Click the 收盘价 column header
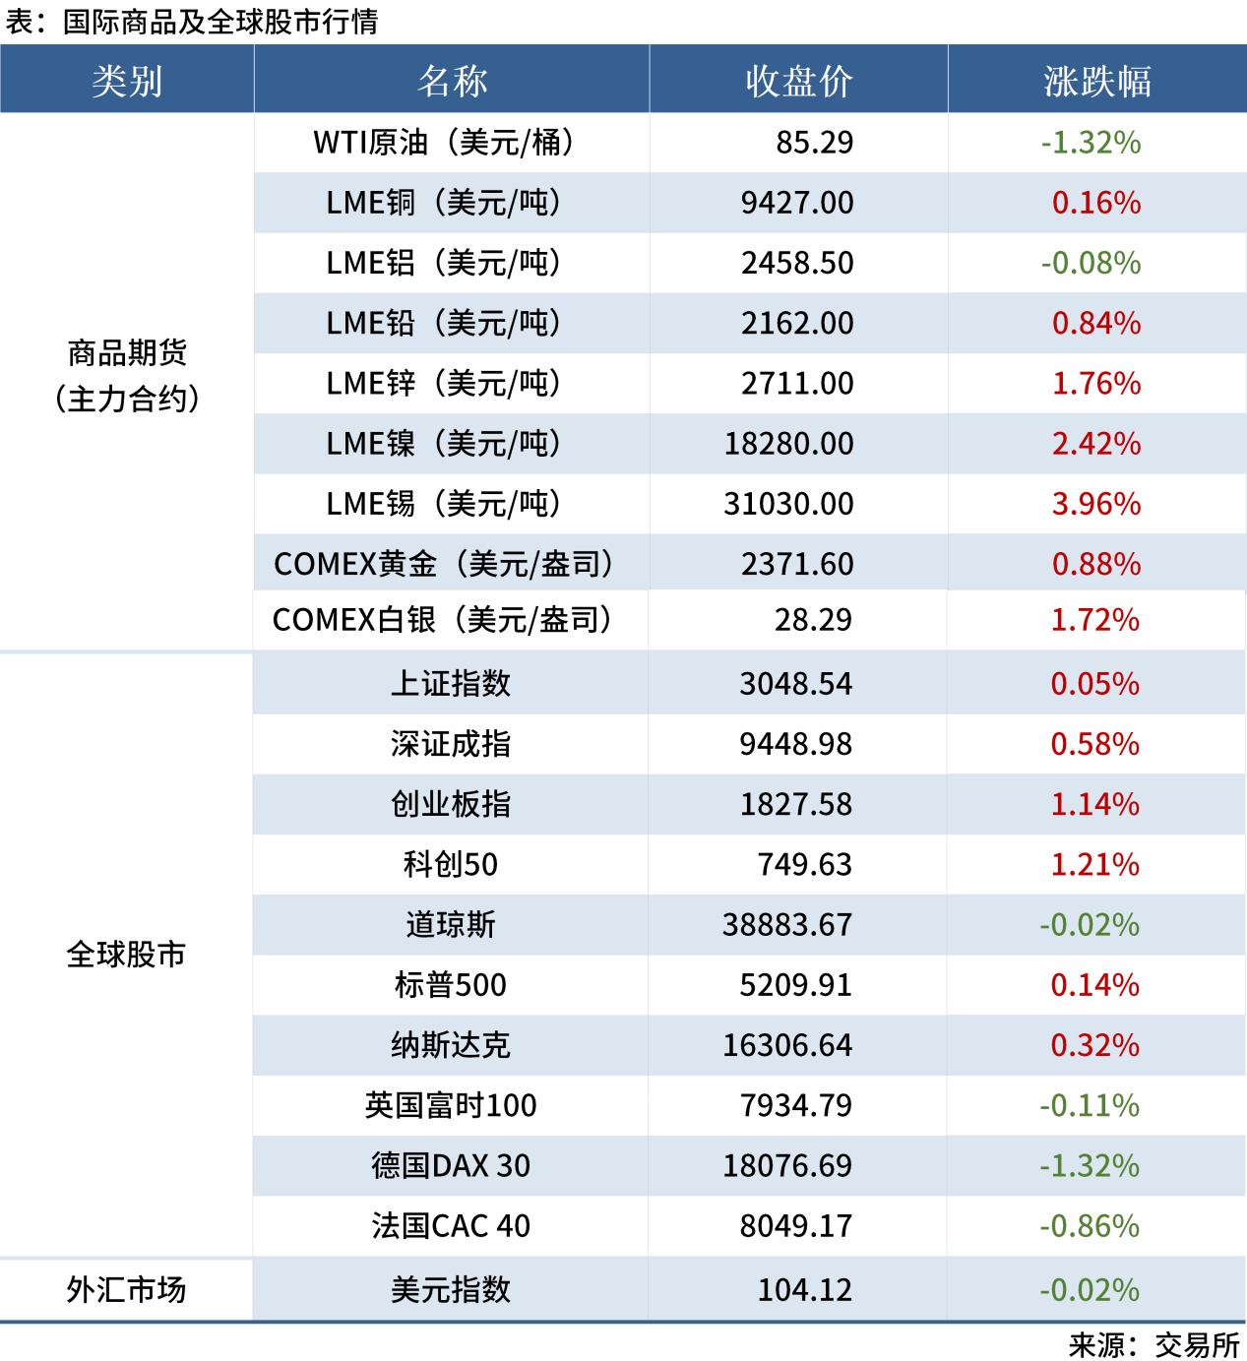[x=798, y=81]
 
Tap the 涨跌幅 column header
[x=1096, y=81]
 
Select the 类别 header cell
[x=127, y=81]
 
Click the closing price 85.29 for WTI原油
[x=814, y=143]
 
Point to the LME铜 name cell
[x=444, y=203]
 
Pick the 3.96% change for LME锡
[x=1095, y=504]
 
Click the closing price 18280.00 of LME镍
[x=788, y=444]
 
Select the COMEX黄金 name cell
[x=444, y=564]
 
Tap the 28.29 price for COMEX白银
[x=813, y=620]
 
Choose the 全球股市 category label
[x=126, y=954]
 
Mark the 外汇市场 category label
[x=126, y=1289]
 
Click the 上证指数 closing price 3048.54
[x=795, y=684]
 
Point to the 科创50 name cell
[x=450, y=864]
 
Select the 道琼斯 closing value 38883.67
[x=786, y=925]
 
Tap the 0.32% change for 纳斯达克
[x=1094, y=1045]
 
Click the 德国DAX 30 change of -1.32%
[x=1090, y=1165]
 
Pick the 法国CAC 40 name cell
[x=450, y=1226]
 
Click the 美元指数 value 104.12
[x=804, y=1289]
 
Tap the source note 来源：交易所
[x=1153, y=1344]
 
